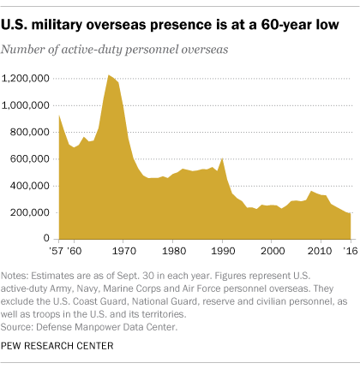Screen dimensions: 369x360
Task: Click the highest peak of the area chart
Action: point(109,76)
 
